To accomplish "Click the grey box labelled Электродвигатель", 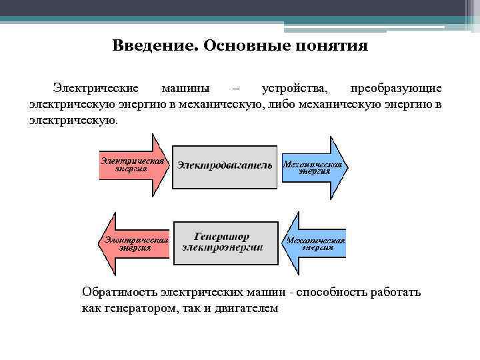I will click(225, 166).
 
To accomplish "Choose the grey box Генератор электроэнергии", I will click(225, 241).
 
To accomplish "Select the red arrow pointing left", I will click(133, 242).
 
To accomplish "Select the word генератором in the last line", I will click(139, 309).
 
